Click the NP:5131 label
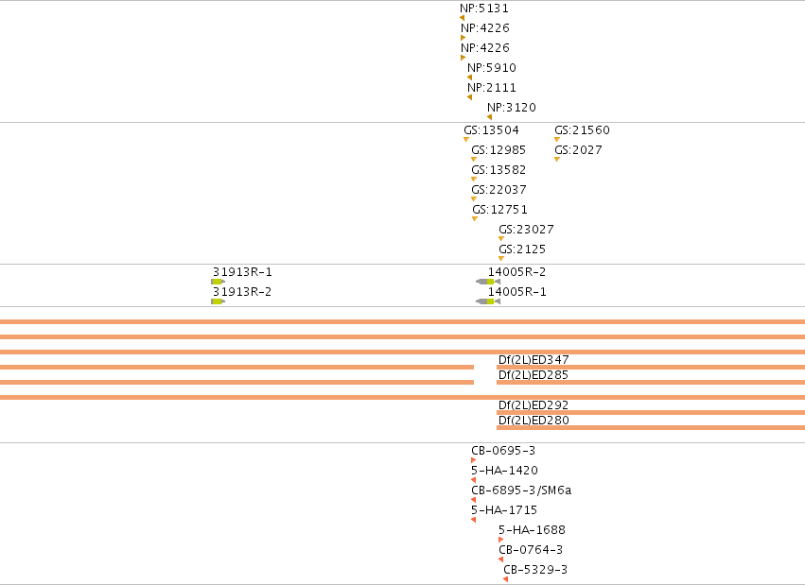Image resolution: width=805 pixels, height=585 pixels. click(x=484, y=9)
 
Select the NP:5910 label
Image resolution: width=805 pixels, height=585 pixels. click(x=492, y=68)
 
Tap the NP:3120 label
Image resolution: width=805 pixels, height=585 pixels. click(x=512, y=108)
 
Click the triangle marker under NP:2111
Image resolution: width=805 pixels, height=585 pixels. click(x=469, y=97)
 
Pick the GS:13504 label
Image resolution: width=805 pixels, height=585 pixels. click(x=491, y=130)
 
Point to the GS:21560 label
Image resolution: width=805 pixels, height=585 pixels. click(x=582, y=130)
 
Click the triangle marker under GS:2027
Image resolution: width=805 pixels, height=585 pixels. click(x=557, y=160)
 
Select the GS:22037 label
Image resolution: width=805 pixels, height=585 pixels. click(x=499, y=190)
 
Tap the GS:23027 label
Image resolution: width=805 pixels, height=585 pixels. click(x=526, y=230)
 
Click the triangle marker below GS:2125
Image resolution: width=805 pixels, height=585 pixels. click(x=501, y=259)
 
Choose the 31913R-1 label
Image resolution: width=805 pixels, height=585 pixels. click(x=242, y=272)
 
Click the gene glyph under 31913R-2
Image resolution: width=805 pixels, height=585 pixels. click(x=218, y=301)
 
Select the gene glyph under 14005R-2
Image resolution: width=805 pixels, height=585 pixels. click(x=488, y=282)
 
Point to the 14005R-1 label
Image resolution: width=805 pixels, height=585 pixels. click(x=517, y=292)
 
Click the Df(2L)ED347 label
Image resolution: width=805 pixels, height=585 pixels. click(x=534, y=360)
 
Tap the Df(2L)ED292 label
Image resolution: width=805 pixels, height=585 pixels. click(x=534, y=405)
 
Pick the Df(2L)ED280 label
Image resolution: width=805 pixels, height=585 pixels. click(x=534, y=421)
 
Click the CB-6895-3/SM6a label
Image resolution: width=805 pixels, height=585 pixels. click(x=521, y=490)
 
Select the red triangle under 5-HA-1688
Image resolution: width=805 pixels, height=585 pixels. click(x=500, y=540)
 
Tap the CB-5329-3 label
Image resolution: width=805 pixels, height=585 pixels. click(x=535, y=570)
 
